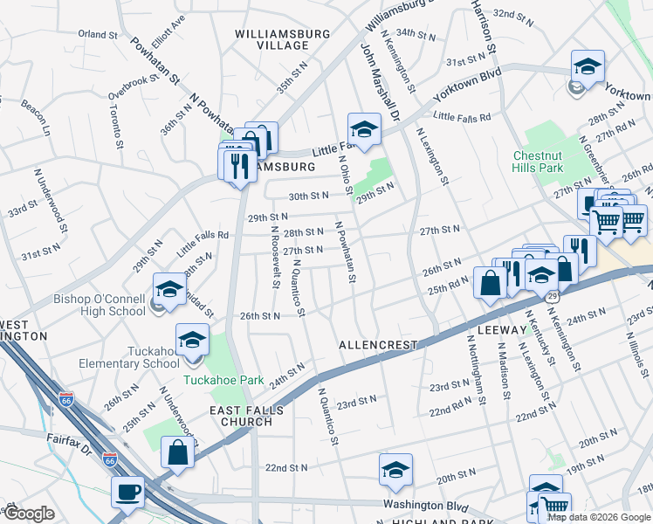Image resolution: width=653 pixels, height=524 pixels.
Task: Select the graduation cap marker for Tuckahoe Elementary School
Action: click(193, 341)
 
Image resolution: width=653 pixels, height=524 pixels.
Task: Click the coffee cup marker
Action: click(127, 492)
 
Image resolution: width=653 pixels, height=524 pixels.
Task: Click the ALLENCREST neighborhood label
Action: click(380, 345)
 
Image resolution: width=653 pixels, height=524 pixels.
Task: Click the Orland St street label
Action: click(97, 35)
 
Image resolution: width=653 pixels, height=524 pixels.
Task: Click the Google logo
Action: click(29, 514)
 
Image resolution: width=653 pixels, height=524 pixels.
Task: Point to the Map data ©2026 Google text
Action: click(598, 517)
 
